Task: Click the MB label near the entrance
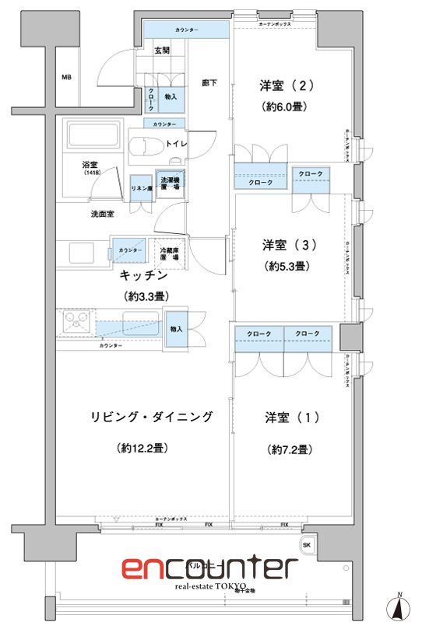point(67,78)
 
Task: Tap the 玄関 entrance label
point(161,51)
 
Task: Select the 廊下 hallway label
point(209,82)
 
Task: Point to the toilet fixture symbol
point(143,146)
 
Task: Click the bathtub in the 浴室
point(92,137)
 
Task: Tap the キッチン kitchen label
point(146,275)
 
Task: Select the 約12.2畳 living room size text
point(145,449)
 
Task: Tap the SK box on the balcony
point(306,544)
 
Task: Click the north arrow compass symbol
point(399,605)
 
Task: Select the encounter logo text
point(209,568)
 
